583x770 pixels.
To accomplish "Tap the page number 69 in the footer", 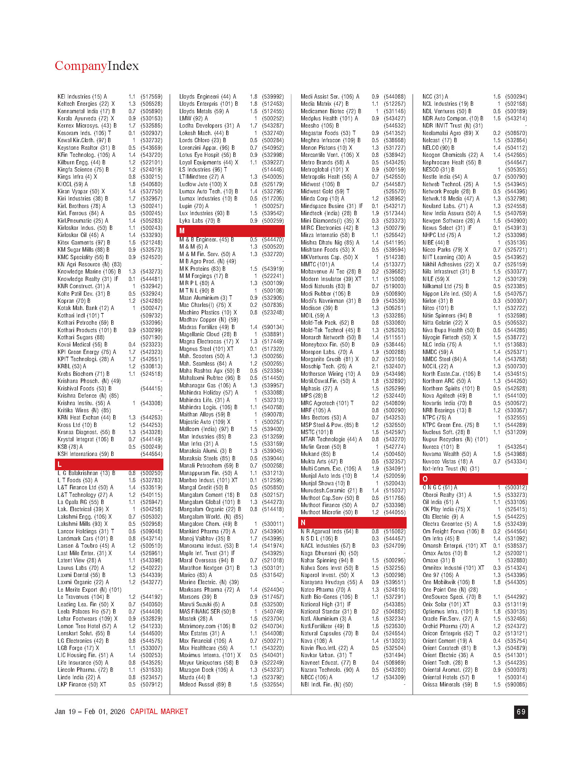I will [521, 712].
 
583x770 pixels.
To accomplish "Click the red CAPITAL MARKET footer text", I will [159, 712].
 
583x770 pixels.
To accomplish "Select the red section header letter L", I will [60, 464].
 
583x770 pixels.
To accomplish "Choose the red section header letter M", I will [182, 231].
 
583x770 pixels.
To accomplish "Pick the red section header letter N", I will [303, 522].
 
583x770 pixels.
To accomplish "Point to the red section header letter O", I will [425, 479].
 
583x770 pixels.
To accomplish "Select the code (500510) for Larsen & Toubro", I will [151, 546].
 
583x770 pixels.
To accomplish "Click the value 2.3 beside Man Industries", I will [253, 436].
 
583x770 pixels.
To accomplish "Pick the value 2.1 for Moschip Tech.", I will [375, 366].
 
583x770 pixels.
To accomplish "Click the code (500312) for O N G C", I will [516, 487].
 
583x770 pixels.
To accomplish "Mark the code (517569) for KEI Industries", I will [151, 97].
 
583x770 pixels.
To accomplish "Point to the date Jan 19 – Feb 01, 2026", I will [90, 712].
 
